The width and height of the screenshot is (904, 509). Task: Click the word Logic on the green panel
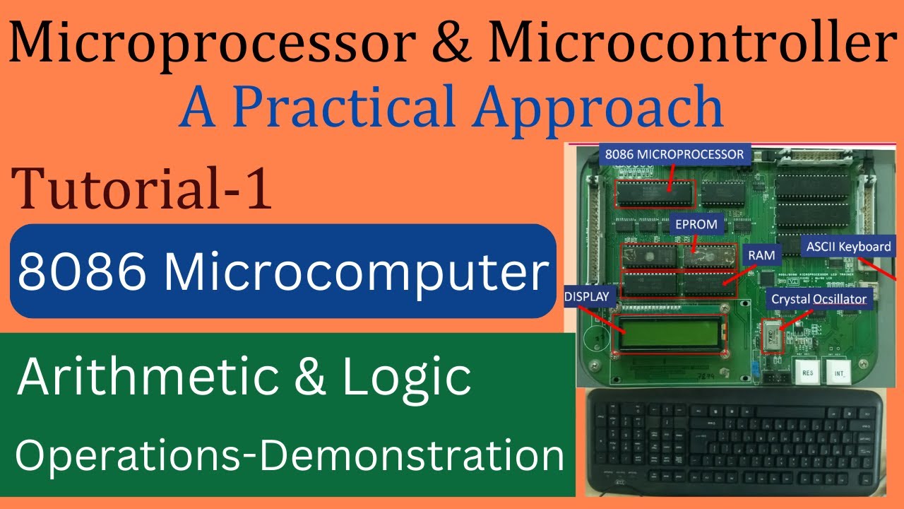pyautogui.click(x=407, y=378)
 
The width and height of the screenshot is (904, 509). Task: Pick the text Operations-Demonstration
pyautogui.click(x=290, y=456)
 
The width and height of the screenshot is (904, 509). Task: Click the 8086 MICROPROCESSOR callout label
pyautogui.click(x=672, y=154)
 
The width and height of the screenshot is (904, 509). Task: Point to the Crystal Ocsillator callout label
pyautogui.click(x=819, y=299)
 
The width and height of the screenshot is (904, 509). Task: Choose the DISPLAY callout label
pyautogui.click(x=585, y=298)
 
